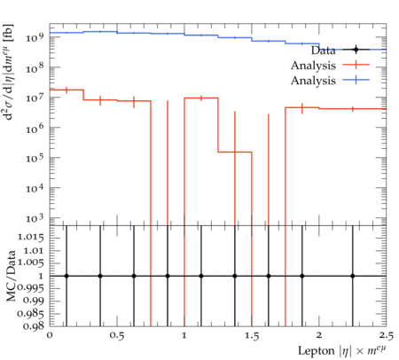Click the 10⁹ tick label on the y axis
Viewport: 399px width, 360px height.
pyautogui.click(x=35, y=37)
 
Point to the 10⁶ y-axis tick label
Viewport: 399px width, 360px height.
pyautogui.click(x=35, y=128)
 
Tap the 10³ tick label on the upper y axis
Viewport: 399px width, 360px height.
pyautogui.click(x=35, y=218)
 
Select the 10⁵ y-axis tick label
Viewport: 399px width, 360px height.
pyautogui.click(x=35, y=158)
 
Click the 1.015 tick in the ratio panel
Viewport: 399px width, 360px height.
pyautogui.click(x=30, y=238)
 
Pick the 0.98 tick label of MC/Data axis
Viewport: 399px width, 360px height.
pyautogui.click(x=33, y=326)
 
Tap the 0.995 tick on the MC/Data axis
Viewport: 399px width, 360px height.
pyautogui.click(x=30, y=288)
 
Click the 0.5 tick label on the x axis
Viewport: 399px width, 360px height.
pyautogui.click(x=117, y=336)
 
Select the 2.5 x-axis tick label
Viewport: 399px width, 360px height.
pyautogui.click(x=387, y=336)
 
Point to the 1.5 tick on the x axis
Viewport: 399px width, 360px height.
pyautogui.click(x=252, y=336)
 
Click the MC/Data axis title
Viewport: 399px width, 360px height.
pyautogui.click(x=11, y=276)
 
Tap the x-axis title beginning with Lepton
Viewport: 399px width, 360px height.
pyautogui.click(x=342, y=351)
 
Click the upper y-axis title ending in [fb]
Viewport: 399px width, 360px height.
pyautogui.click(x=9, y=72)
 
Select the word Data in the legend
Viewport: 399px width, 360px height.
pyautogui.click(x=324, y=51)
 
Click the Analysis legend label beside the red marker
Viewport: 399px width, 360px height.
pyautogui.click(x=313, y=66)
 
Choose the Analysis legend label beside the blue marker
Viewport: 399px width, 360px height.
pyautogui.click(x=313, y=81)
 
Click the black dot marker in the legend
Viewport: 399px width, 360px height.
pyautogui.click(x=356, y=50)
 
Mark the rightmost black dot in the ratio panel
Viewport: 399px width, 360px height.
pyautogui.click(x=353, y=276)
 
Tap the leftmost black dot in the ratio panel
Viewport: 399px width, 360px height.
pyautogui.click(x=66, y=276)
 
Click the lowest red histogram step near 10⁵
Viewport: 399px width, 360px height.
pyautogui.click(x=235, y=152)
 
